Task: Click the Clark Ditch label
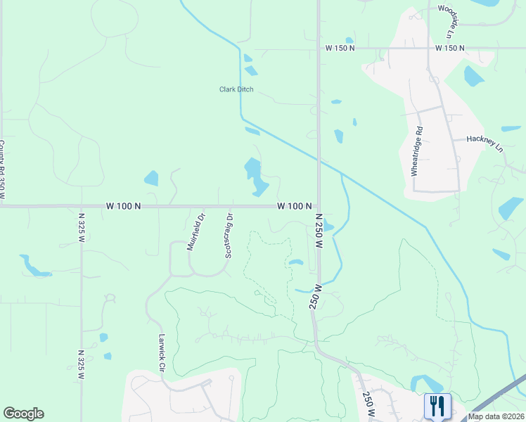[236, 89]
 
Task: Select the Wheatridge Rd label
[420, 143]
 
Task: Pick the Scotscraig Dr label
[228, 236]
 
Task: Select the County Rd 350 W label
[3, 169]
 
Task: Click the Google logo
[23, 414]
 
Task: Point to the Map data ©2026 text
[496, 416]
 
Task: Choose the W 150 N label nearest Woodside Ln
[450, 48]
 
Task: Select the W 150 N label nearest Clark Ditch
[340, 48]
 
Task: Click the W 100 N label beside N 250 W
[295, 206]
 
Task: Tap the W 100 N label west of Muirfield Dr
[124, 206]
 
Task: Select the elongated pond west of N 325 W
[34, 267]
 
